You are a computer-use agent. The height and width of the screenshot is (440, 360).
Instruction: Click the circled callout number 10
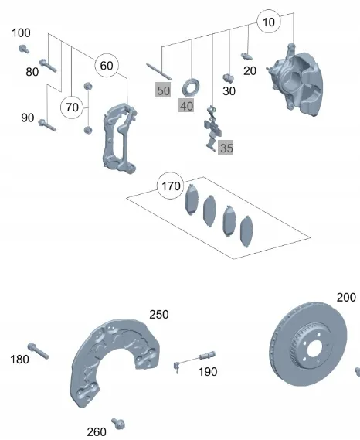click(x=269, y=22)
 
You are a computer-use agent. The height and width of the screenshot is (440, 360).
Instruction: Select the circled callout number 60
click(x=107, y=66)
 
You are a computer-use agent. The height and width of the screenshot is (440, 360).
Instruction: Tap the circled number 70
click(x=72, y=107)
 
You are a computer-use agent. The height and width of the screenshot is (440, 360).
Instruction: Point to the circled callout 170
click(x=171, y=186)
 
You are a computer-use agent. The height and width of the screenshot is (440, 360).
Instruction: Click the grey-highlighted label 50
click(x=164, y=90)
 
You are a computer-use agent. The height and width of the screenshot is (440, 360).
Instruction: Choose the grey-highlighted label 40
click(x=186, y=106)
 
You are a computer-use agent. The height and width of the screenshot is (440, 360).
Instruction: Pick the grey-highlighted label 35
click(x=226, y=148)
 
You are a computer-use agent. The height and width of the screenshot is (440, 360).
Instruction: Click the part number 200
click(x=346, y=298)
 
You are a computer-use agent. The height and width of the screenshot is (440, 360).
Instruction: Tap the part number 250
click(x=159, y=315)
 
